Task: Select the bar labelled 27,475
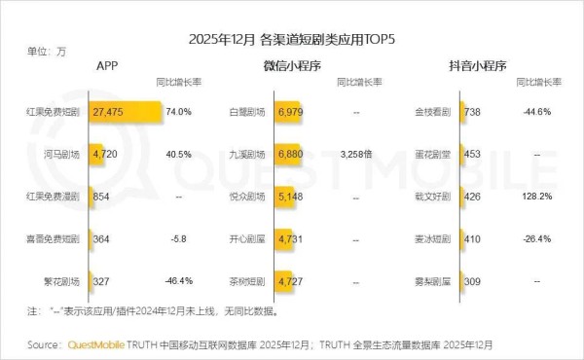coord(125,113)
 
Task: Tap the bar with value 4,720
coord(105,154)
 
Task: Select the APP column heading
coord(108,65)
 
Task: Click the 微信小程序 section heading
coord(293,65)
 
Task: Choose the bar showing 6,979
coord(292,113)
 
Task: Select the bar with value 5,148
coord(288,196)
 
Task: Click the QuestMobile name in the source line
coord(101,344)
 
